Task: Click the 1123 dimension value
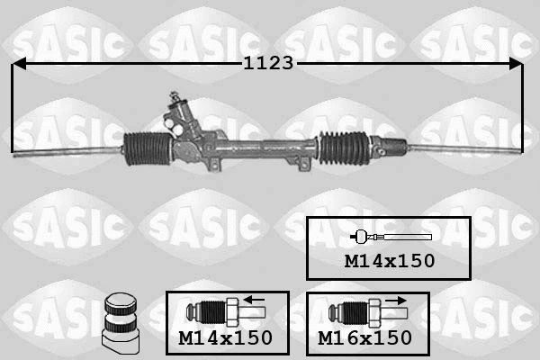click(x=268, y=63)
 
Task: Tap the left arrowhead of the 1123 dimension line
click(x=19, y=64)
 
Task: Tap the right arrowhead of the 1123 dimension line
click(x=515, y=64)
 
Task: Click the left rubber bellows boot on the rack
click(x=148, y=148)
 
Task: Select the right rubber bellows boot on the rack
click(x=344, y=148)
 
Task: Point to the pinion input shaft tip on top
click(x=174, y=94)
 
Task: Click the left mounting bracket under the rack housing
click(x=214, y=164)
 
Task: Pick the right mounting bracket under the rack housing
click(x=304, y=165)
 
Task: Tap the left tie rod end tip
click(x=14, y=156)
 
